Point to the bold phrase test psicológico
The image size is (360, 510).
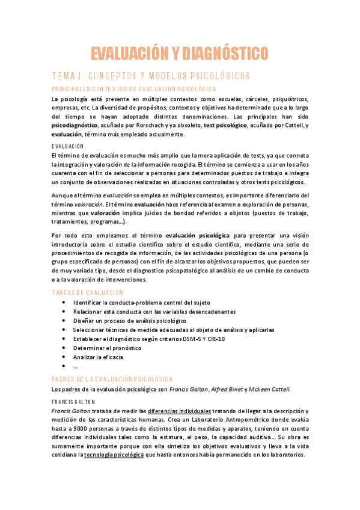click(x=225, y=125)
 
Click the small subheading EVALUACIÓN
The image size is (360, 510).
click(x=67, y=146)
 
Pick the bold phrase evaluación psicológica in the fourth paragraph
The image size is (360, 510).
click(x=197, y=236)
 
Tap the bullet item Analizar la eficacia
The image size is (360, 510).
click(x=98, y=357)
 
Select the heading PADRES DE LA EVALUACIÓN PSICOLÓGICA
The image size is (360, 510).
click(x=112, y=379)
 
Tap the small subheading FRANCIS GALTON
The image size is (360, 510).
click(x=75, y=401)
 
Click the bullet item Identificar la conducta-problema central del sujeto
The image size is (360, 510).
click(x=142, y=302)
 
